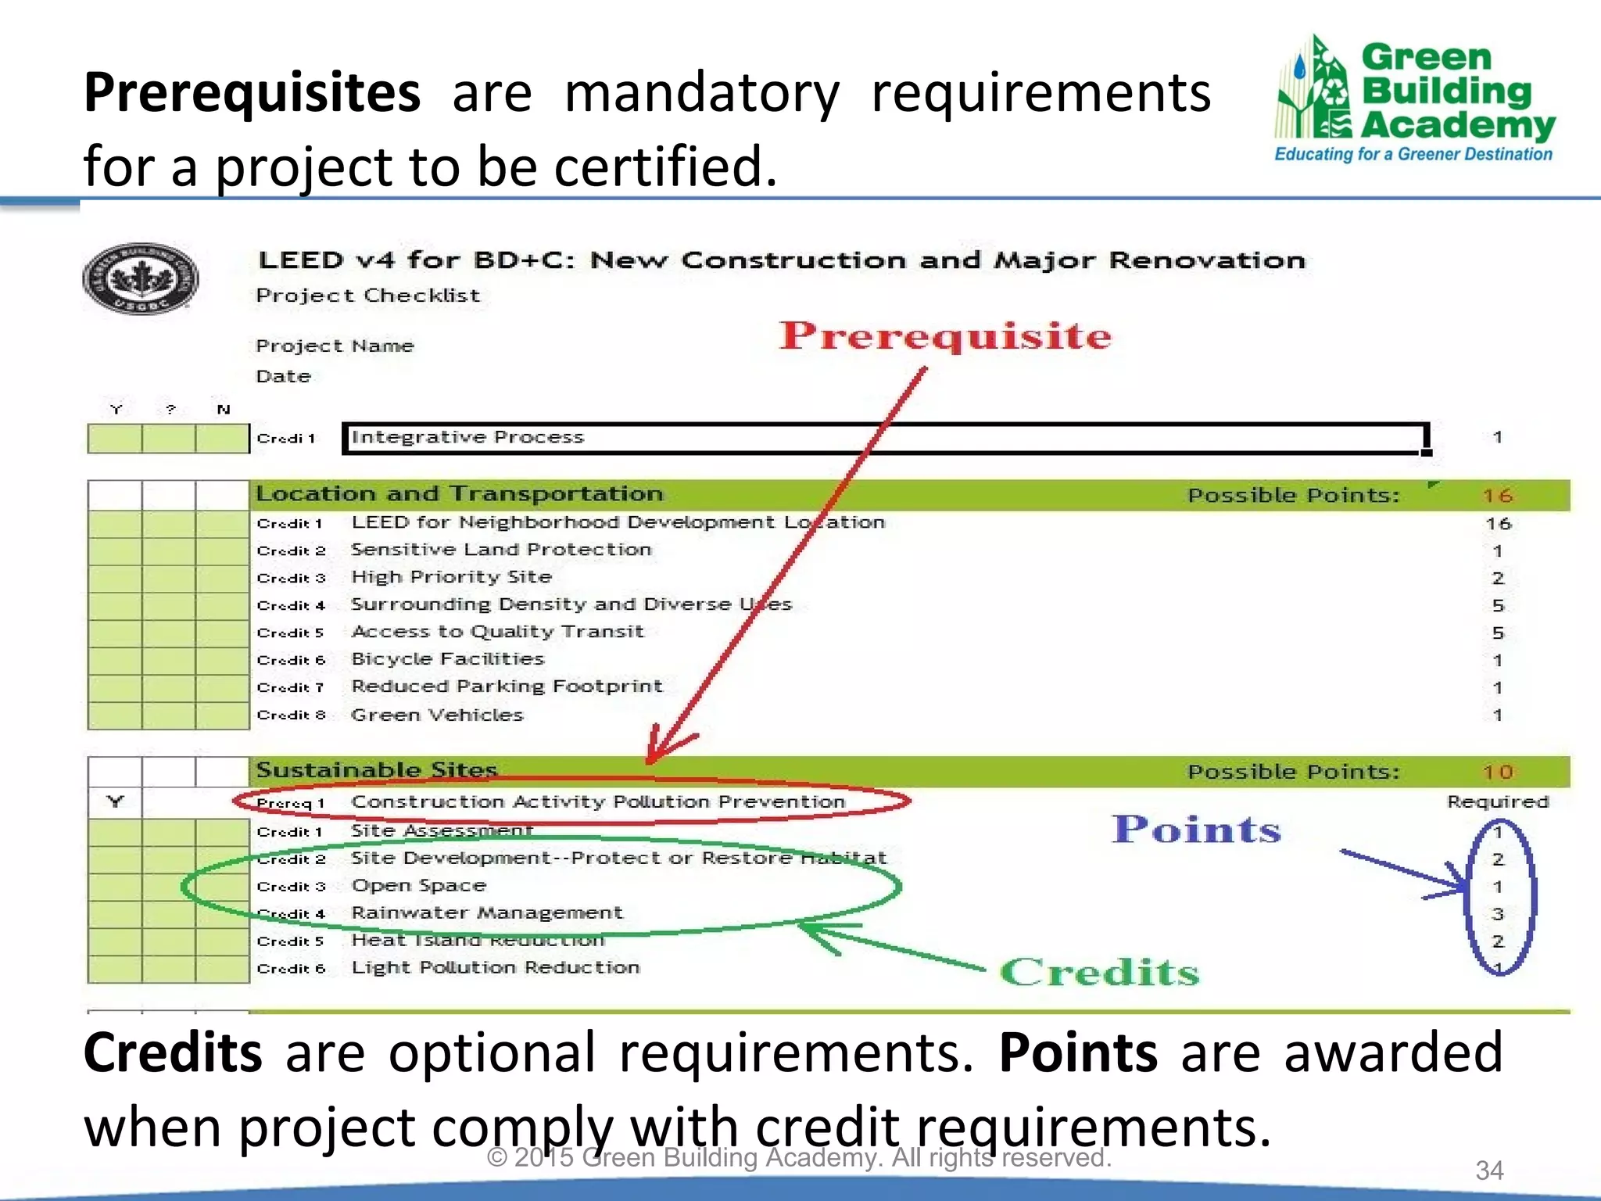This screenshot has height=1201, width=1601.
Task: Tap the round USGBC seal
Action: tap(140, 278)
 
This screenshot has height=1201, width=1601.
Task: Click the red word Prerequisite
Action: tap(944, 335)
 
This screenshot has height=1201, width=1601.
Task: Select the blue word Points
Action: tap(1196, 830)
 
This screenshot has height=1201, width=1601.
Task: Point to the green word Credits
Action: tap(1099, 973)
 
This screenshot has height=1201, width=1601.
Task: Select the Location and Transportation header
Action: tap(460, 494)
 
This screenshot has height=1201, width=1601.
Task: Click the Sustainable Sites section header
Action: tap(377, 770)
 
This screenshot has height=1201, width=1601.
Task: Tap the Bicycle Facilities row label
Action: tap(447, 659)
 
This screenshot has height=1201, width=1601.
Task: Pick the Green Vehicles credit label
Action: tap(437, 715)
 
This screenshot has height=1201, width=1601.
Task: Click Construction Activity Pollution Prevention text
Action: tap(598, 802)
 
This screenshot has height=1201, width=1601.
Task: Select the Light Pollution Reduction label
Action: tap(496, 968)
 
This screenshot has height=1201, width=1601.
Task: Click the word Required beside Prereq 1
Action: tap(1497, 802)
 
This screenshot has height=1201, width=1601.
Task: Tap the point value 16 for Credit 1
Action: tap(1498, 524)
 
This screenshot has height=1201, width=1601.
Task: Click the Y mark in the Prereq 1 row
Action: tap(116, 802)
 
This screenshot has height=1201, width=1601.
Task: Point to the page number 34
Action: tap(1489, 1171)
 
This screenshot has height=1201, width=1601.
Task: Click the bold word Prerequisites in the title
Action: tap(252, 92)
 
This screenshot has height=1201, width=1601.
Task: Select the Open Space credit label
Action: tap(419, 886)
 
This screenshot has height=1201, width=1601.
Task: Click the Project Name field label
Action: tap(335, 346)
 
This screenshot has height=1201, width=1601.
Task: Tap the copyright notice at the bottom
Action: tap(799, 1158)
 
